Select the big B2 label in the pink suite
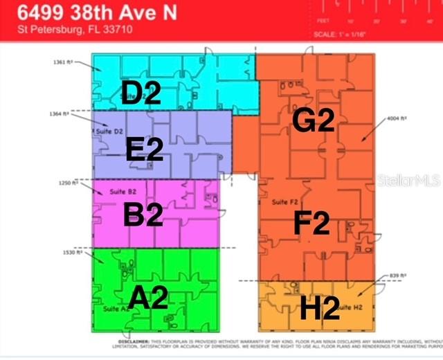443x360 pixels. pos(143,214)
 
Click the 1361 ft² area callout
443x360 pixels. pos(62,62)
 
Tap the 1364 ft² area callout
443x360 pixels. pos(60,114)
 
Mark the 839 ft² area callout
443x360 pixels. pos(397,275)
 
